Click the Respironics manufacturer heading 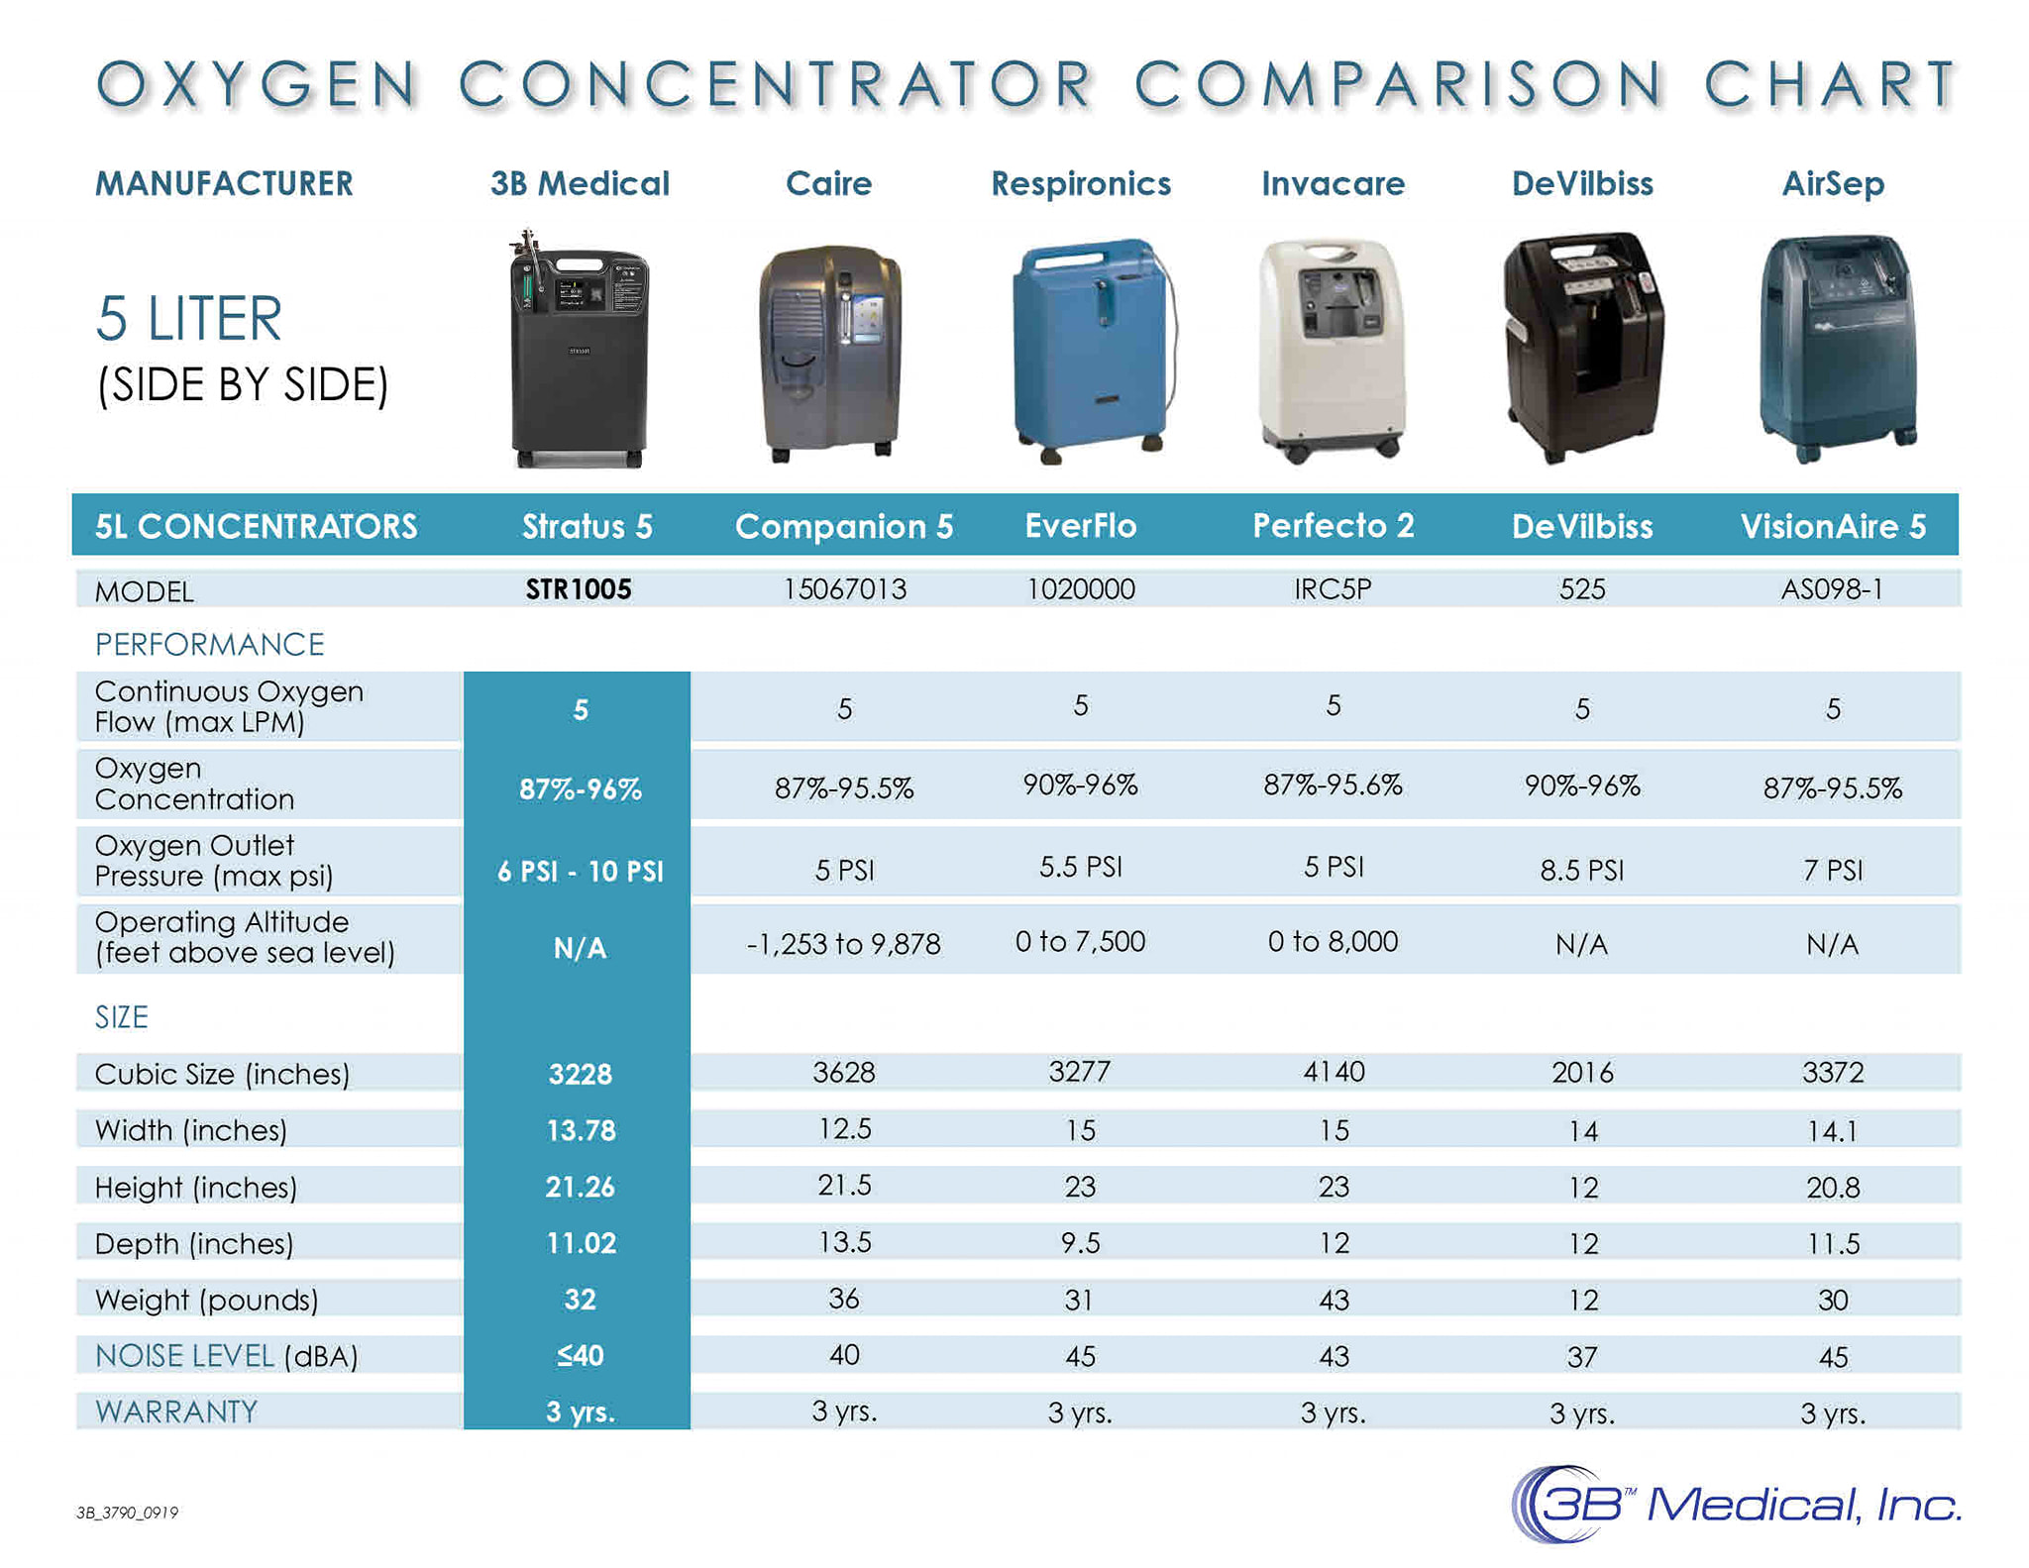point(1081,183)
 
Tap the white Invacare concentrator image point(1333,351)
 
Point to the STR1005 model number point(579,589)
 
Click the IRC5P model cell point(1333,589)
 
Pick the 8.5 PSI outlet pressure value point(1582,870)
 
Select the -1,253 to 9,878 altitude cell point(844,943)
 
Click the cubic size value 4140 point(1334,1072)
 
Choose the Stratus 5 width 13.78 point(581,1130)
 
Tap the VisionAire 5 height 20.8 point(1833,1187)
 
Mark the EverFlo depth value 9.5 point(1080,1243)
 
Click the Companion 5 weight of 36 point(844,1299)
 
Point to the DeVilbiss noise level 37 point(1582,1356)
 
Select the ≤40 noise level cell point(581,1355)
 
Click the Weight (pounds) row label point(206,1300)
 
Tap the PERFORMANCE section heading point(210,645)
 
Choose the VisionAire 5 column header point(1833,526)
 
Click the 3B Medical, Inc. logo point(1736,1505)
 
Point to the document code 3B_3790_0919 point(128,1513)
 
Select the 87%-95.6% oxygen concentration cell point(1333,785)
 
